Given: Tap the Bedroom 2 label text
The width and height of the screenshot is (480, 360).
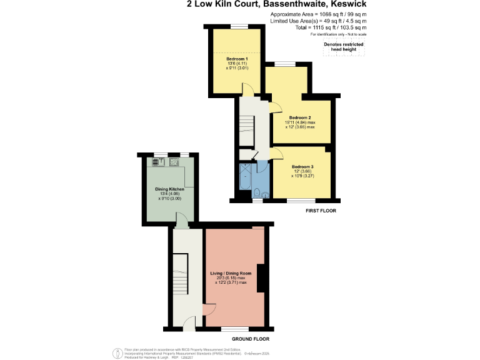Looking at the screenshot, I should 300,117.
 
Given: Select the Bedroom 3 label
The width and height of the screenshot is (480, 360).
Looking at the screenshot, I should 302,167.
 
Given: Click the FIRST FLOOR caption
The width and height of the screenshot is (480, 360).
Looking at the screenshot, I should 321,211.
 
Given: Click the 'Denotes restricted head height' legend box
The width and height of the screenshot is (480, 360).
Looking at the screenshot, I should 343,47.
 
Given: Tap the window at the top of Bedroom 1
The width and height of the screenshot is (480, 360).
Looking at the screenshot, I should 238,27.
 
